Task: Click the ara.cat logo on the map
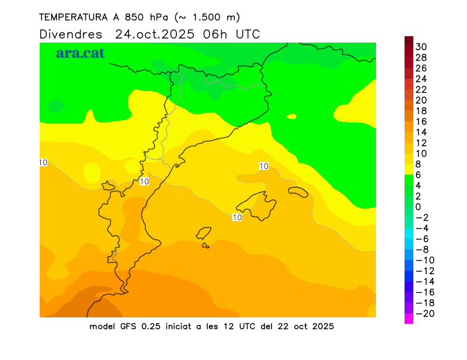pos(80,53)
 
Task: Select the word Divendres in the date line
pos(71,34)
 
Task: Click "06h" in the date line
pos(215,34)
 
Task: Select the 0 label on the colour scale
pos(418,207)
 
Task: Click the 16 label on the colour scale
pos(421,121)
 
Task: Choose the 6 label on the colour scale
pos(418,174)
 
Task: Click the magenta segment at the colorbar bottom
pos(409,319)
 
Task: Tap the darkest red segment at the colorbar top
pos(409,41)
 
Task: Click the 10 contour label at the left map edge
pos(43,162)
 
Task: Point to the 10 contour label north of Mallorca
pos(263,166)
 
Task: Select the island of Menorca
pos(298,192)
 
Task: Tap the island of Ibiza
pos(204,233)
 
